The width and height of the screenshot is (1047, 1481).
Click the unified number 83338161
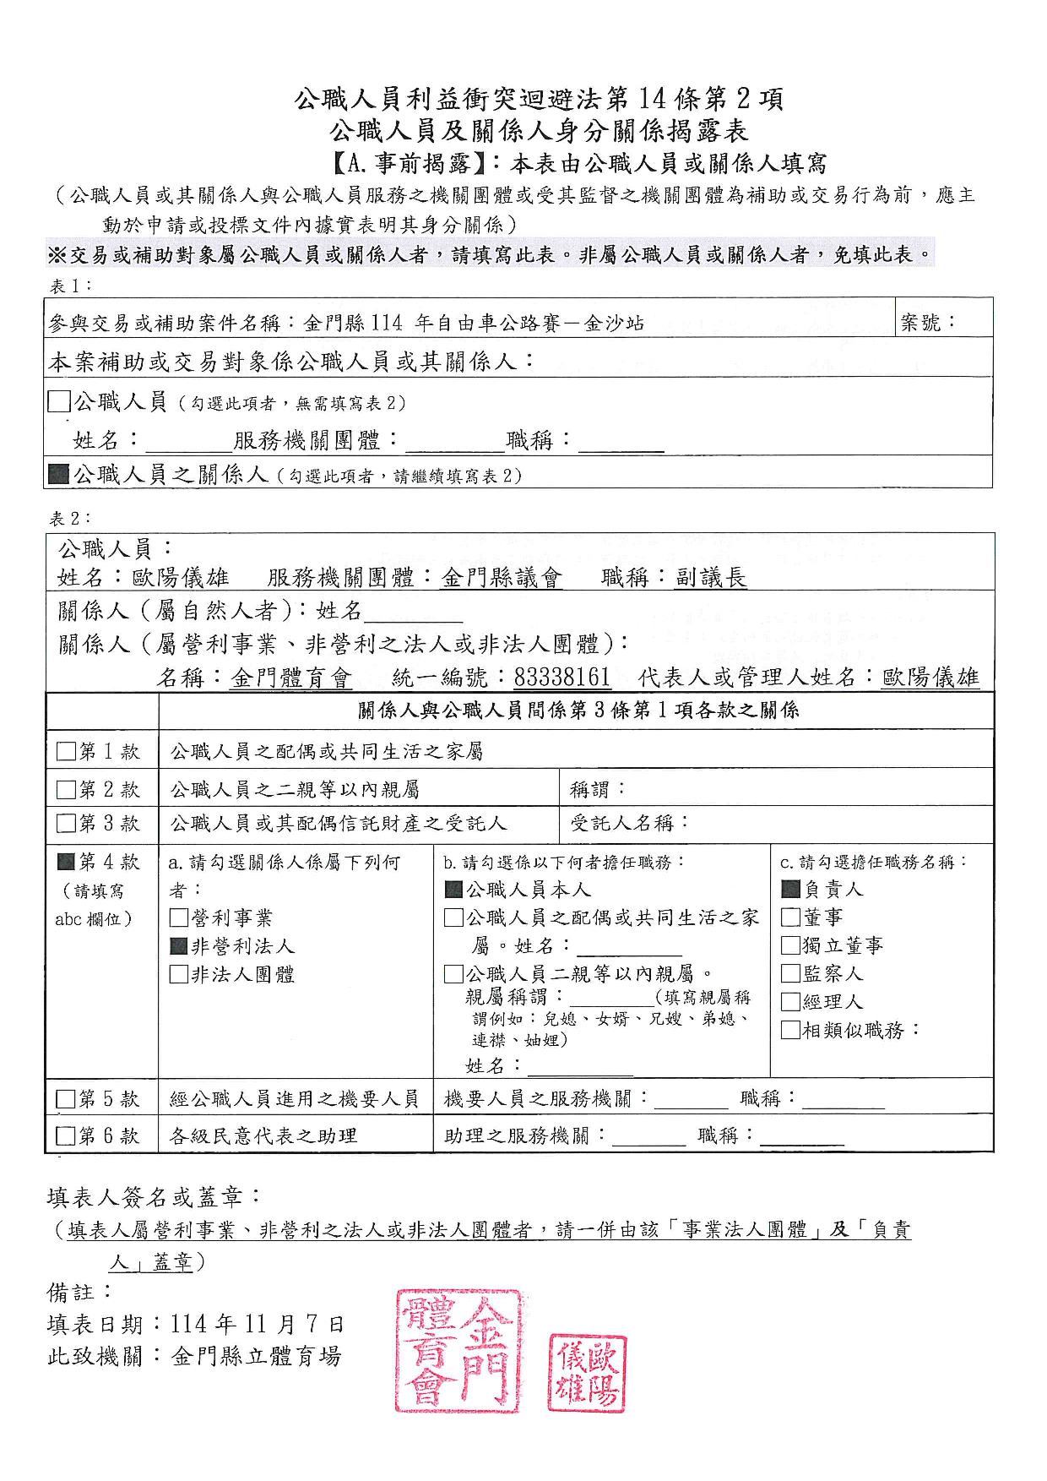tap(561, 678)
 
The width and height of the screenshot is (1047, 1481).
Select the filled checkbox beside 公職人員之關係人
tap(59, 474)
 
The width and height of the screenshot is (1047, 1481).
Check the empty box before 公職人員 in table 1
tap(59, 401)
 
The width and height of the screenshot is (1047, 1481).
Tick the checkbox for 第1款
tap(66, 751)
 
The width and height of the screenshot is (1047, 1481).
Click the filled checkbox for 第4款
tap(66, 863)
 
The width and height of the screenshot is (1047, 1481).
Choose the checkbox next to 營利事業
tap(179, 918)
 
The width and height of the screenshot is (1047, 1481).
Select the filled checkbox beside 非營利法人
tap(179, 946)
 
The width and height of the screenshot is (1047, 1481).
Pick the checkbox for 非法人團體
tap(179, 974)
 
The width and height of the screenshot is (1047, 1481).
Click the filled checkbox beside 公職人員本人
tap(453, 890)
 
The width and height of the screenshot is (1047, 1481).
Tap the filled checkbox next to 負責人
tap(790, 889)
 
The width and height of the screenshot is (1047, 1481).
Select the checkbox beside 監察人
tap(790, 973)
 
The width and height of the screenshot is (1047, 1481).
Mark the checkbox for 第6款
tap(66, 1135)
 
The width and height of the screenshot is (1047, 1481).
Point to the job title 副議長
tap(711, 578)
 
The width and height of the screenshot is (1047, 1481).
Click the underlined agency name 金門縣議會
tap(502, 578)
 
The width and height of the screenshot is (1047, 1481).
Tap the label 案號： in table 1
tap(929, 322)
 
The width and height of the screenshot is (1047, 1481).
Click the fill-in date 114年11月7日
tap(258, 1324)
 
